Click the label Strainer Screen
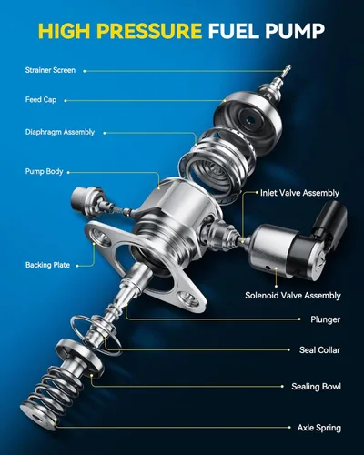(50, 70)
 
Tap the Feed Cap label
(41, 100)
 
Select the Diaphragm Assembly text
(60, 132)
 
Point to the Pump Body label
(45, 172)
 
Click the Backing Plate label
(47, 265)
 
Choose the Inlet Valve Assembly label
(299, 193)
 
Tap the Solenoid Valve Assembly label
(293, 296)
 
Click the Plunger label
(325, 319)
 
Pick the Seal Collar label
(319, 350)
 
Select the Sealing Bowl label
(316, 387)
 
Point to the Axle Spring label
(319, 428)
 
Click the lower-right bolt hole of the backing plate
(188, 298)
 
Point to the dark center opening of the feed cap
(249, 118)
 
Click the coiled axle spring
(52, 394)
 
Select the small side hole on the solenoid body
(268, 268)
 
